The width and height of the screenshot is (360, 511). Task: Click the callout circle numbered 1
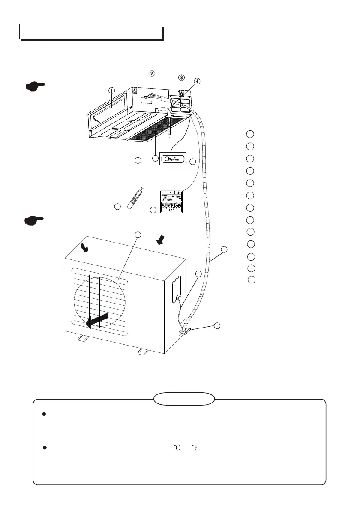click(x=111, y=90)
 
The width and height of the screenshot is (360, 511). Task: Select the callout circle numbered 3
click(x=182, y=78)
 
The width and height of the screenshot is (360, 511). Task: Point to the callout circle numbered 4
click(x=196, y=81)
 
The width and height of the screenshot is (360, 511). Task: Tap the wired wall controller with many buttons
click(x=173, y=201)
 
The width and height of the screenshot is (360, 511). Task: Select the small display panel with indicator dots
click(x=173, y=158)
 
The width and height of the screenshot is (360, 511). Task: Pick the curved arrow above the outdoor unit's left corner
click(x=85, y=248)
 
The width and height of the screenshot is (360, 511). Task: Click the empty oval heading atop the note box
click(x=184, y=398)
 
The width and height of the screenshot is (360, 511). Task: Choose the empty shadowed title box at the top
click(x=91, y=32)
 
